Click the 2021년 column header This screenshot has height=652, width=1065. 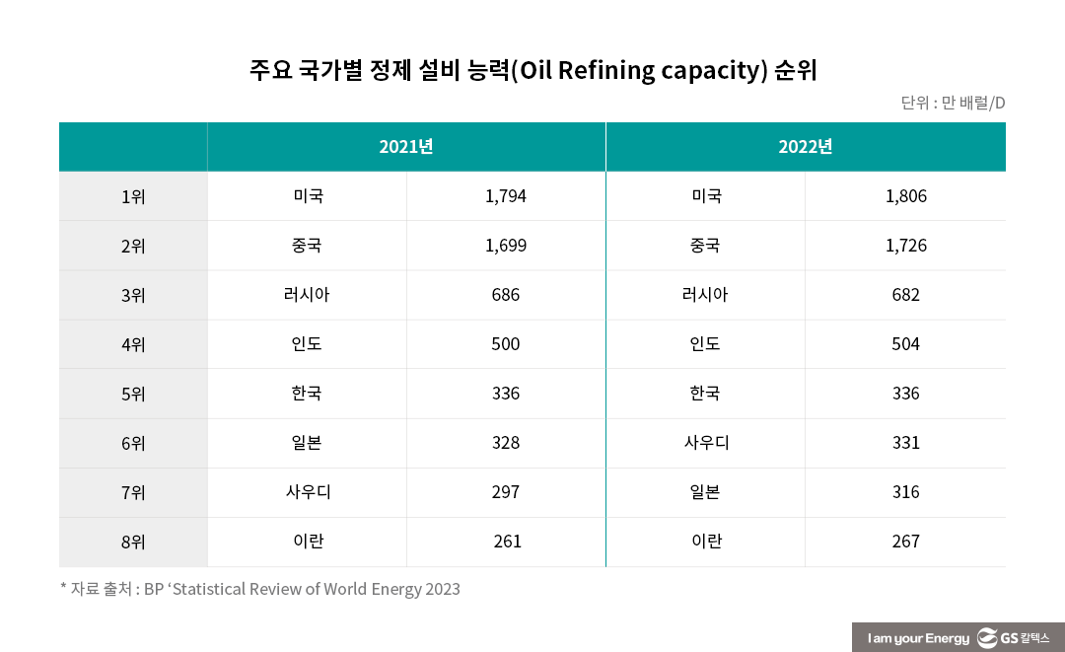click(406, 147)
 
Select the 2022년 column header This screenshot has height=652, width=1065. click(806, 147)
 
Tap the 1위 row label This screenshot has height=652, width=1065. click(133, 196)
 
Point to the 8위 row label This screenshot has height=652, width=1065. click(133, 542)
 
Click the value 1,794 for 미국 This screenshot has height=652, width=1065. click(506, 196)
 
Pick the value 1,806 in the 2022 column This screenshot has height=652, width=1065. click(906, 196)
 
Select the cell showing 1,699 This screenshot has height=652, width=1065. click(506, 246)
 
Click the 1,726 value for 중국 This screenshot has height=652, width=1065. click(906, 246)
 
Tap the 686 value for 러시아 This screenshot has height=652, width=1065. click(506, 295)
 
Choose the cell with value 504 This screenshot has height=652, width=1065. click(905, 344)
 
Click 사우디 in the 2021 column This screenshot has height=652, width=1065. click(308, 492)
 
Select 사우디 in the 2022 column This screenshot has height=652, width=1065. click(706, 443)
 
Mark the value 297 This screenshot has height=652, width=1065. click(506, 492)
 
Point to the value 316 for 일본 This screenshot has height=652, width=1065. click(905, 492)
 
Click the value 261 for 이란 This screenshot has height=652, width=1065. click(507, 542)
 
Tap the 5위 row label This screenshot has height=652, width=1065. click(133, 394)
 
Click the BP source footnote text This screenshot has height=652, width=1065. click(260, 590)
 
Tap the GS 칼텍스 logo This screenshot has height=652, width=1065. click(1014, 638)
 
